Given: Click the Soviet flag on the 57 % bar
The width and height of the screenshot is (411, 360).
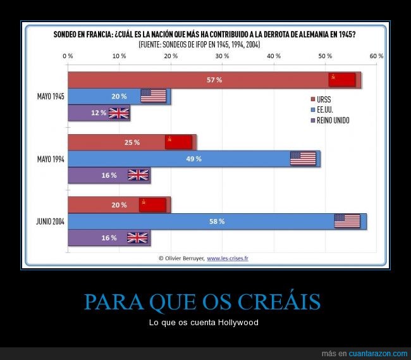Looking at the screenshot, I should point(341,80).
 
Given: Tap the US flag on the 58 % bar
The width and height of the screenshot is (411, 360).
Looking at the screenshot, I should point(347,221).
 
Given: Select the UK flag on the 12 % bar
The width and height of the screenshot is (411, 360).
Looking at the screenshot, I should point(119,113).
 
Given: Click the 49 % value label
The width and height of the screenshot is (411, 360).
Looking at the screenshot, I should point(193,159).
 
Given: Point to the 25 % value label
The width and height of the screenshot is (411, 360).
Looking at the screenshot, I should point(132,142).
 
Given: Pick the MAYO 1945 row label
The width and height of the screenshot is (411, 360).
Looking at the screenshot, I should point(51,96).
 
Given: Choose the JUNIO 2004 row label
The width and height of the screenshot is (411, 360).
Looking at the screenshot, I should point(50,221).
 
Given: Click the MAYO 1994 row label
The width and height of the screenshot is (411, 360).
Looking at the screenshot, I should point(51,159).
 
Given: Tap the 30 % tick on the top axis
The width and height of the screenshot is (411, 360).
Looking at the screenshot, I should point(222,56).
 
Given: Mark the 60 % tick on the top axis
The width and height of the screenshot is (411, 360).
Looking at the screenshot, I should point(377,56).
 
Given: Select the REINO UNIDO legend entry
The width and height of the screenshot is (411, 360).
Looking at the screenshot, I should point(333,120).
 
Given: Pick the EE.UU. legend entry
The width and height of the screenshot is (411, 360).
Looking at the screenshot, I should point(326,109).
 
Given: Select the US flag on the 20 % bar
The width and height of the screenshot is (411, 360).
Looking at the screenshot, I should point(153,96).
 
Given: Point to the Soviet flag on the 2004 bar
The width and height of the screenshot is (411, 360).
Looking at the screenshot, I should point(152,205).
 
